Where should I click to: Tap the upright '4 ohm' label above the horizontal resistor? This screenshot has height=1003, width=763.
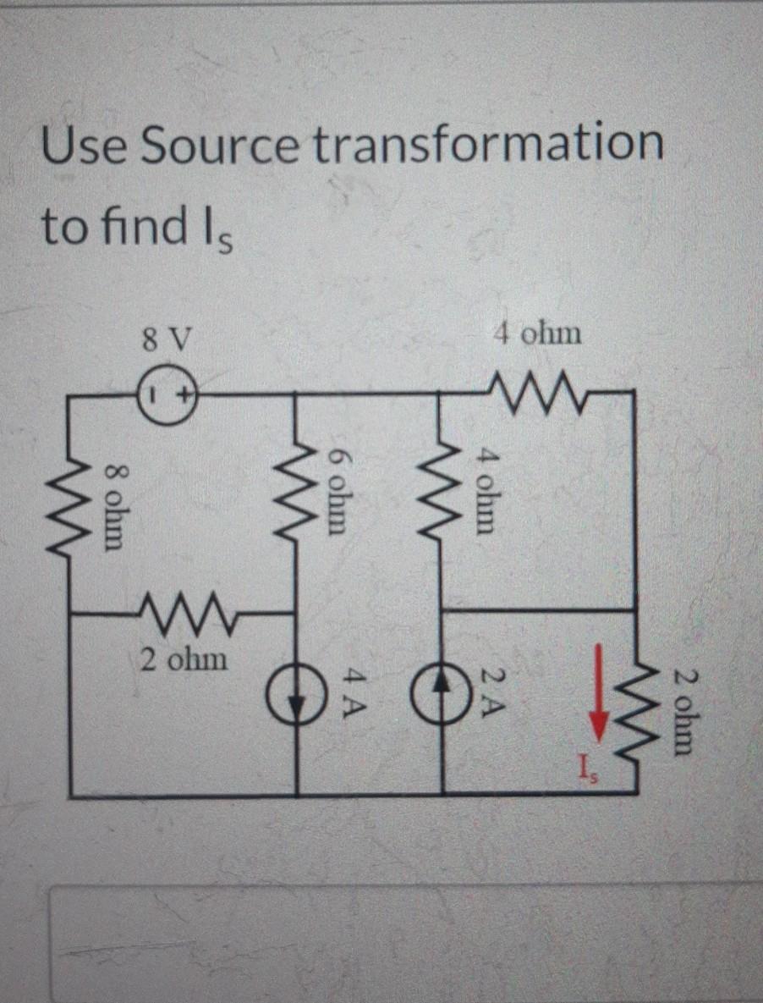(x=538, y=333)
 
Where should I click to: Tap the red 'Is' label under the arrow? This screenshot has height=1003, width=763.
(x=587, y=769)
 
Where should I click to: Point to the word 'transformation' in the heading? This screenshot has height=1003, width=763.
(x=489, y=145)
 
